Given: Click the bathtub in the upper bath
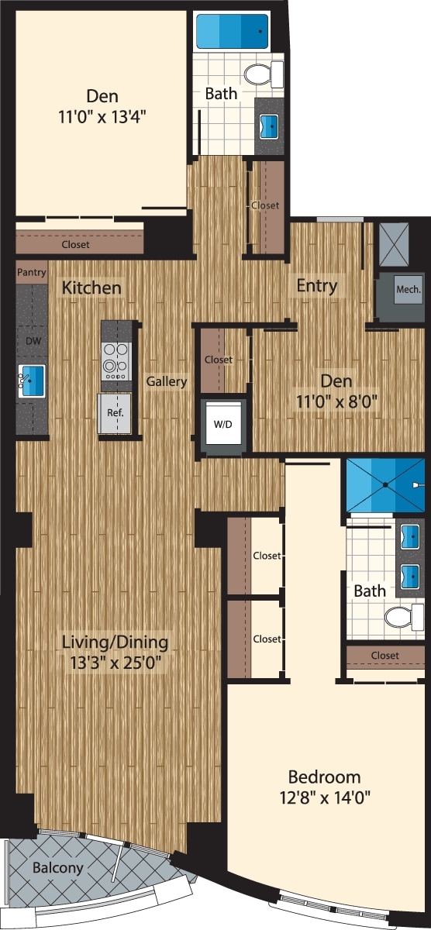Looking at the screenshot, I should [x=232, y=32].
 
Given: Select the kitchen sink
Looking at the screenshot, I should [x=32, y=382].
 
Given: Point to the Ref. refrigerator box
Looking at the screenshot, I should [x=113, y=414].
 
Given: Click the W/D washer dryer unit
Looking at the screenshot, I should [x=223, y=424].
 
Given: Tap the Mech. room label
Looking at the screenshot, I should [x=408, y=290].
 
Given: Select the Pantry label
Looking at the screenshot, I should [x=31, y=273].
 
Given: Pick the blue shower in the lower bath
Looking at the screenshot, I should [x=384, y=485].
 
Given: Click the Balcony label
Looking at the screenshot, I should [x=57, y=868].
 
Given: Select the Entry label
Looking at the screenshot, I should [x=317, y=285].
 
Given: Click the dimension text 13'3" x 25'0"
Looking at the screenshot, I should [x=116, y=663].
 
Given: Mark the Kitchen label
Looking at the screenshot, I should [x=91, y=288].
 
